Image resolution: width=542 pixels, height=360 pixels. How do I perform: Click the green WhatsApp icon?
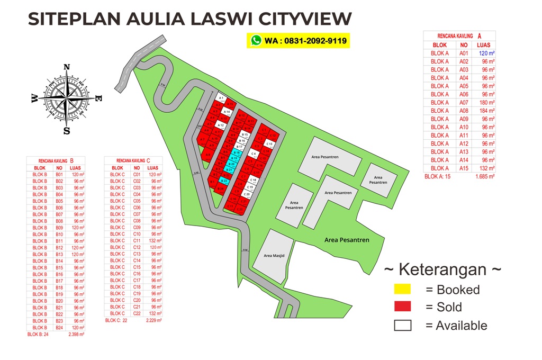257,40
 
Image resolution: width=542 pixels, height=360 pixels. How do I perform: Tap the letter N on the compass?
67,67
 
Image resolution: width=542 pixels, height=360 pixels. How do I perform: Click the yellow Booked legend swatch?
402,290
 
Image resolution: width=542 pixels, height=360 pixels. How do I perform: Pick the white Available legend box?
402,326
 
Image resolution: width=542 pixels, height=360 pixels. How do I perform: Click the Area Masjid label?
274,256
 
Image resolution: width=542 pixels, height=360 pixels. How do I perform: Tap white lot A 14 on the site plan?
227,112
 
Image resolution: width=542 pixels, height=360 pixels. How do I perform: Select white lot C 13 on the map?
269,144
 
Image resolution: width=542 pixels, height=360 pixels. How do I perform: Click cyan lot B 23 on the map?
224,181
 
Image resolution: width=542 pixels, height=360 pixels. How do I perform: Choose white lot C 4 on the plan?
254,154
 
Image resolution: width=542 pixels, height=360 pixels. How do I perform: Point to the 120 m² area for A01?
486,53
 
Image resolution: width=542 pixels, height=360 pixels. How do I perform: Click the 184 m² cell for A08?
486,111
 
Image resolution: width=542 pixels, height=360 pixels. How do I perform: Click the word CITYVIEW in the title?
305,19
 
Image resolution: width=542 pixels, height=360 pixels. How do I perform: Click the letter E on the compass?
98,98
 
